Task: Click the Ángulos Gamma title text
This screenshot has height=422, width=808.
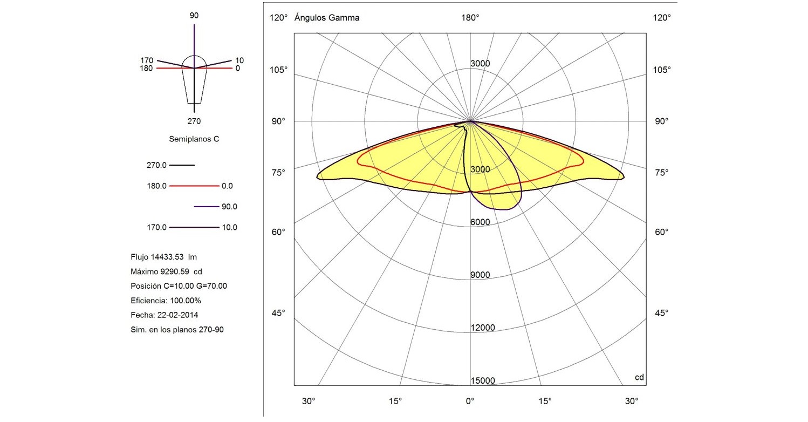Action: pyautogui.click(x=327, y=18)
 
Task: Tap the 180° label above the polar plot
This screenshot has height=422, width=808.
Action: pyautogui.click(x=470, y=18)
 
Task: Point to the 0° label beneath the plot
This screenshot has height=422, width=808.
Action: pyautogui.click(x=470, y=401)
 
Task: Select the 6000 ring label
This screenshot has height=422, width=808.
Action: pyautogui.click(x=480, y=222)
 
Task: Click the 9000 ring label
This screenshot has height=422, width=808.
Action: pyautogui.click(x=480, y=275)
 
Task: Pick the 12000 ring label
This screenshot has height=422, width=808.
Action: pyautogui.click(x=482, y=328)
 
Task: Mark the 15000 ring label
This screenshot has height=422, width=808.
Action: pyautogui.click(x=482, y=380)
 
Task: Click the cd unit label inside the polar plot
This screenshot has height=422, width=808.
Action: pyautogui.click(x=639, y=377)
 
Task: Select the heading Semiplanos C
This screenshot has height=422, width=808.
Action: pyautogui.click(x=194, y=139)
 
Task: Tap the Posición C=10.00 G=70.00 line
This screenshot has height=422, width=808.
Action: pyautogui.click(x=179, y=286)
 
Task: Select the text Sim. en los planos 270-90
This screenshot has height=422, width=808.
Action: pyautogui.click(x=177, y=329)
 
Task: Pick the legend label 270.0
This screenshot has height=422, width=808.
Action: pyautogui.click(x=156, y=165)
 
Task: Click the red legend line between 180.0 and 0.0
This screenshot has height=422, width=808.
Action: pyautogui.click(x=194, y=186)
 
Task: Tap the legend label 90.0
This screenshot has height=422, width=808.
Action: pyautogui.click(x=229, y=207)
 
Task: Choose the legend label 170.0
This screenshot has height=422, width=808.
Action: pyautogui.click(x=156, y=227)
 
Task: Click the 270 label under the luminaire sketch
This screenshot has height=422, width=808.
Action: pyautogui.click(x=194, y=121)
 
